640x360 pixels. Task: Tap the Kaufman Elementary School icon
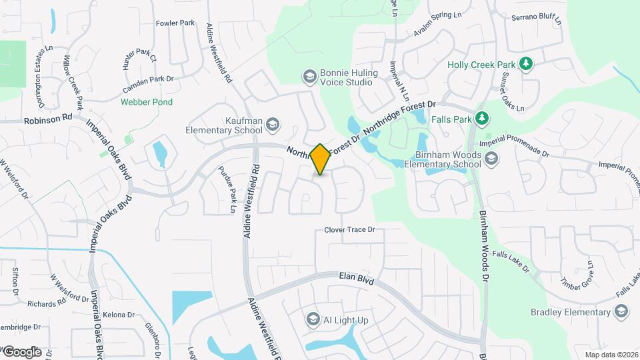[272, 124]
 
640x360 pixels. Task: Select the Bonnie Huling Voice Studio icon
[309, 77]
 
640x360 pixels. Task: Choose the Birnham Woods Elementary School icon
[491, 158]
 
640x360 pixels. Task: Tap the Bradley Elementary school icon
[621, 311]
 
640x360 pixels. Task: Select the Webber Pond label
[147, 102]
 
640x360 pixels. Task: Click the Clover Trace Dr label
[350, 230]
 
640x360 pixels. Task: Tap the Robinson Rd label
[47, 121]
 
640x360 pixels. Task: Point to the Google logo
[22, 351]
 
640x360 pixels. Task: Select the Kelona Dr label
[120, 315]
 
